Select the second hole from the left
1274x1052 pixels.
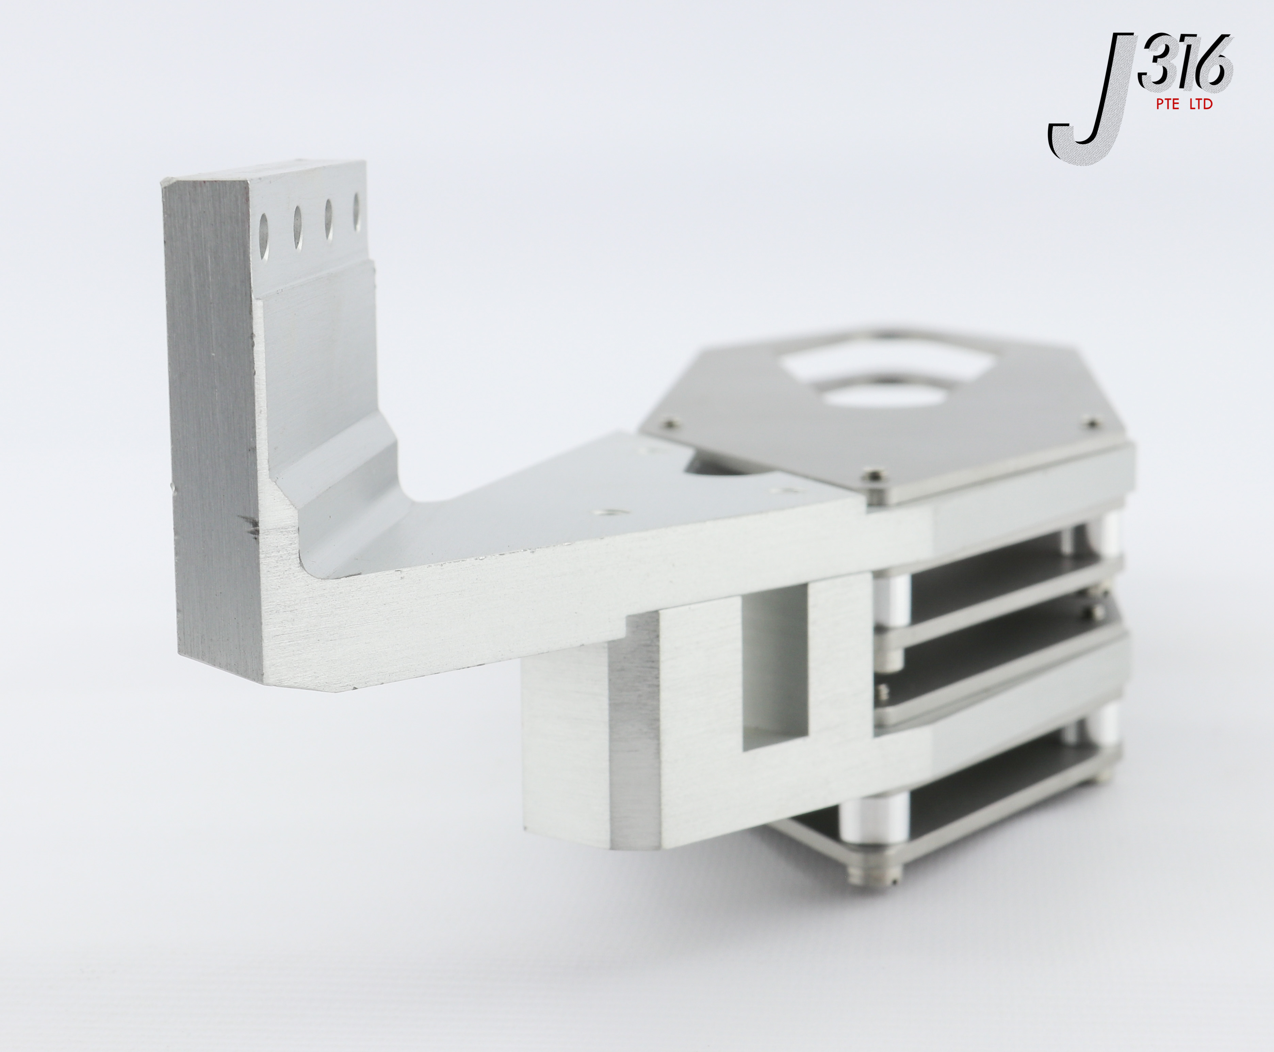pos(298,227)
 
